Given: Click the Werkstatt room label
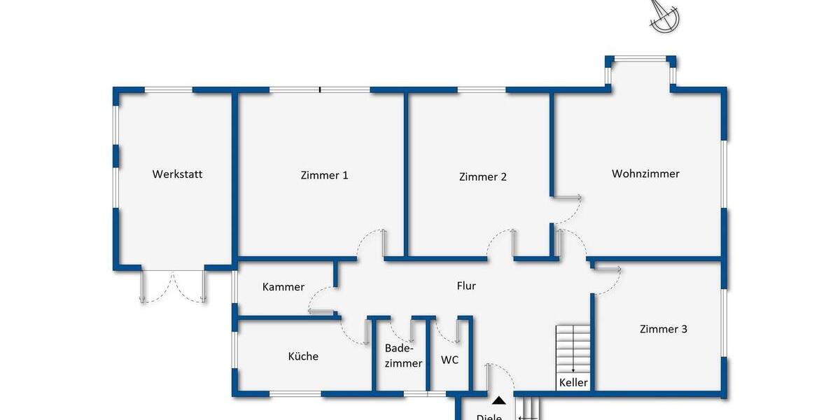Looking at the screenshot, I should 177,174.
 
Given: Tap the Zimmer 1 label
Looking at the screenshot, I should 324,176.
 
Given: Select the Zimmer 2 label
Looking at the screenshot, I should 483,177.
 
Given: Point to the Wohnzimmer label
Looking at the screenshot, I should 645,174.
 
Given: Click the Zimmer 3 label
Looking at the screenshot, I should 663,329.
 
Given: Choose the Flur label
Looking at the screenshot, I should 466,286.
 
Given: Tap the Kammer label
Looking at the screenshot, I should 283,287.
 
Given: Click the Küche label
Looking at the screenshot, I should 303,356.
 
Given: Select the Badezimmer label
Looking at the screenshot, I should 403,356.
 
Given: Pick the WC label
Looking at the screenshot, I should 449,360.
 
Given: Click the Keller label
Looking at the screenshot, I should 573,383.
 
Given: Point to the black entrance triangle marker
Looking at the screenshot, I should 498,401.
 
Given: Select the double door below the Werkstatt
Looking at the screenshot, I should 174,286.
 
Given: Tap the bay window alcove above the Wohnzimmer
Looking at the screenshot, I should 642,73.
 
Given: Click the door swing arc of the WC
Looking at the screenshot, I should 445,331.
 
